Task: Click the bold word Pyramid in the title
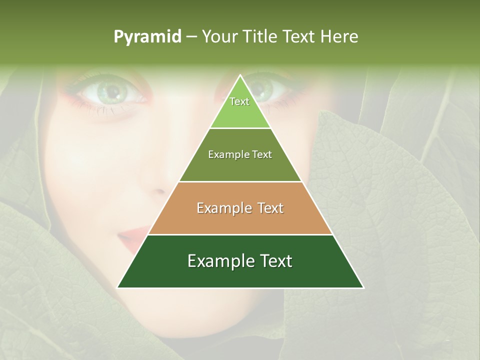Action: coord(147,37)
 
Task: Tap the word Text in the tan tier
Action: coord(271,208)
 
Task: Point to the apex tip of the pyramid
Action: coord(240,76)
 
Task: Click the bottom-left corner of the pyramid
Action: coord(118,287)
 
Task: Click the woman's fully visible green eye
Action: coord(112,91)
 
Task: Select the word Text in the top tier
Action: coord(239,101)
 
